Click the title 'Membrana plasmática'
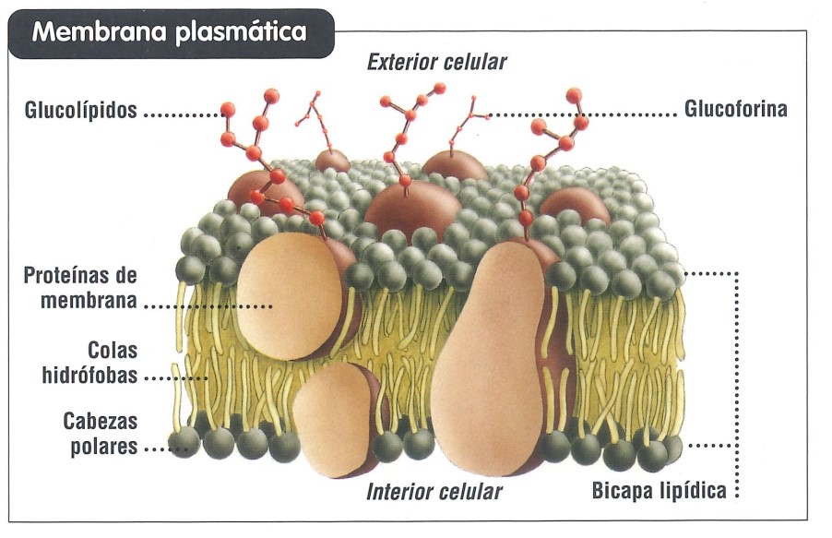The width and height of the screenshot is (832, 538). pyautogui.click(x=169, y=33)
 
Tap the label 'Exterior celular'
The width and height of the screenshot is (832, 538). pyautogui.click(x=436, y=63)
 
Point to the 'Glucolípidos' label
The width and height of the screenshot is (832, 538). pyautogui.click(x=81, y=111)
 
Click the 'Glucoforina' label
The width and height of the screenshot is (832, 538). pyautogui.click(x=735, y=111)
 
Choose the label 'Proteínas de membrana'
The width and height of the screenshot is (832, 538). pyautogui.click(x=81, y=288)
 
